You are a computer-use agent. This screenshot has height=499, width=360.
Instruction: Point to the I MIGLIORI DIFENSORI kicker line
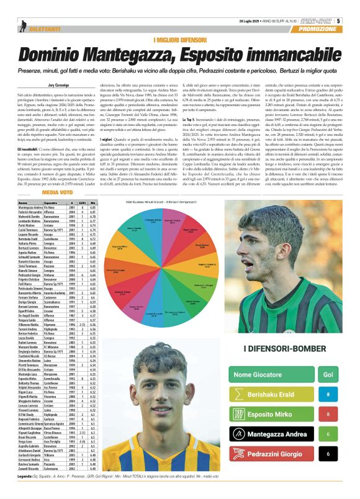[179, 39]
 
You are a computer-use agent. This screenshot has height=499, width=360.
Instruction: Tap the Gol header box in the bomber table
[336, 375]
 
